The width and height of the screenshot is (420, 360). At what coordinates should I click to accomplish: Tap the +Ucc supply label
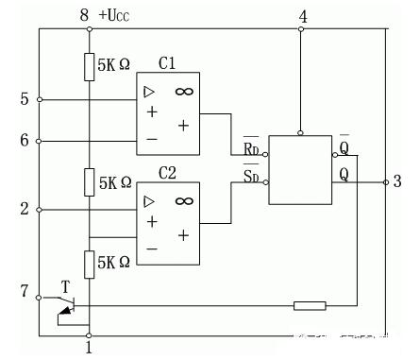click(x=117, y=15)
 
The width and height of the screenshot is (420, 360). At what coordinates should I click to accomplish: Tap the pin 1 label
click(x=88, y=348)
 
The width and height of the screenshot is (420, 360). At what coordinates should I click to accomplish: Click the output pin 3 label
click(x=397, y=181)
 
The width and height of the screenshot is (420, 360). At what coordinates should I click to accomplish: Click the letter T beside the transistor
click(x=64, y=284)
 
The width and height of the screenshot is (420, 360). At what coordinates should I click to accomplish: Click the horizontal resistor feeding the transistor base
click(x=310, y=305)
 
